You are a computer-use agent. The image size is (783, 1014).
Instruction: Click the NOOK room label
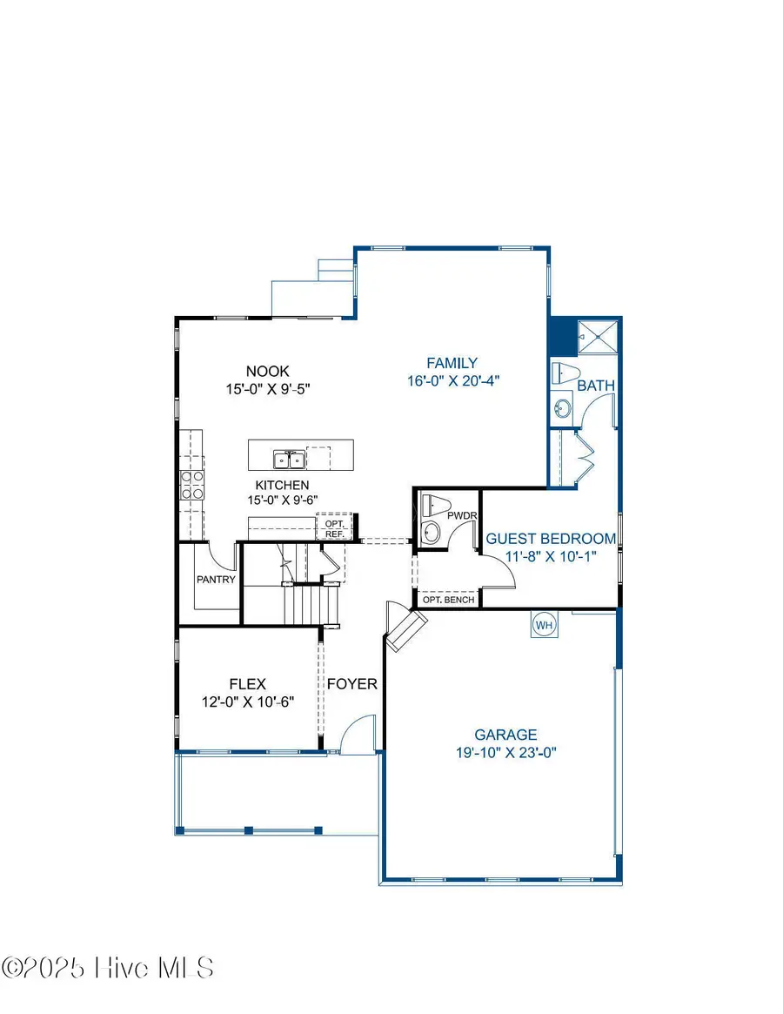[x=266, y=370]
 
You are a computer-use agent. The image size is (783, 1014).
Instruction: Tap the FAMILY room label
[x=452, y=363]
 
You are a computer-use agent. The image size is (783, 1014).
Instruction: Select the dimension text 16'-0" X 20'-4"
[x=452, y=380]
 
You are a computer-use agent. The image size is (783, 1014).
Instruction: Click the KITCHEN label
[x=282, y=485]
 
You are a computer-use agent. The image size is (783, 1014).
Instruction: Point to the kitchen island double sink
[x=287, y=458]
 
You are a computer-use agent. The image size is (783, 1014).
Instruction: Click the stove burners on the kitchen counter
[x=191, y=485]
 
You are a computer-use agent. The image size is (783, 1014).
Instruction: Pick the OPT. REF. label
[x=335, y=528]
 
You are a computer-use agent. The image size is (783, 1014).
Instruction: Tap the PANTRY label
[x=215, y=579]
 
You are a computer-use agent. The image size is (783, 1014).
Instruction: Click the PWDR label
[x=458, y=516]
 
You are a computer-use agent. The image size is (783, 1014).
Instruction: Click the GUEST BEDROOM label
[x=550, y=539]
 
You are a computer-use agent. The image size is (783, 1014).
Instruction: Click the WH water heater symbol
[x=544, y=625]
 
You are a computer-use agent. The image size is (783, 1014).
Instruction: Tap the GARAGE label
[x=505, y=735]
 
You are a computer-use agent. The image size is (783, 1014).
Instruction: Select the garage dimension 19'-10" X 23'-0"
[x=505, y=753]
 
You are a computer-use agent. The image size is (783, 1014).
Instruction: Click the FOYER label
[x=352, y=683]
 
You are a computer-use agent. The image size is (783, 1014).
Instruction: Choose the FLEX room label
[x=247, y=683]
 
